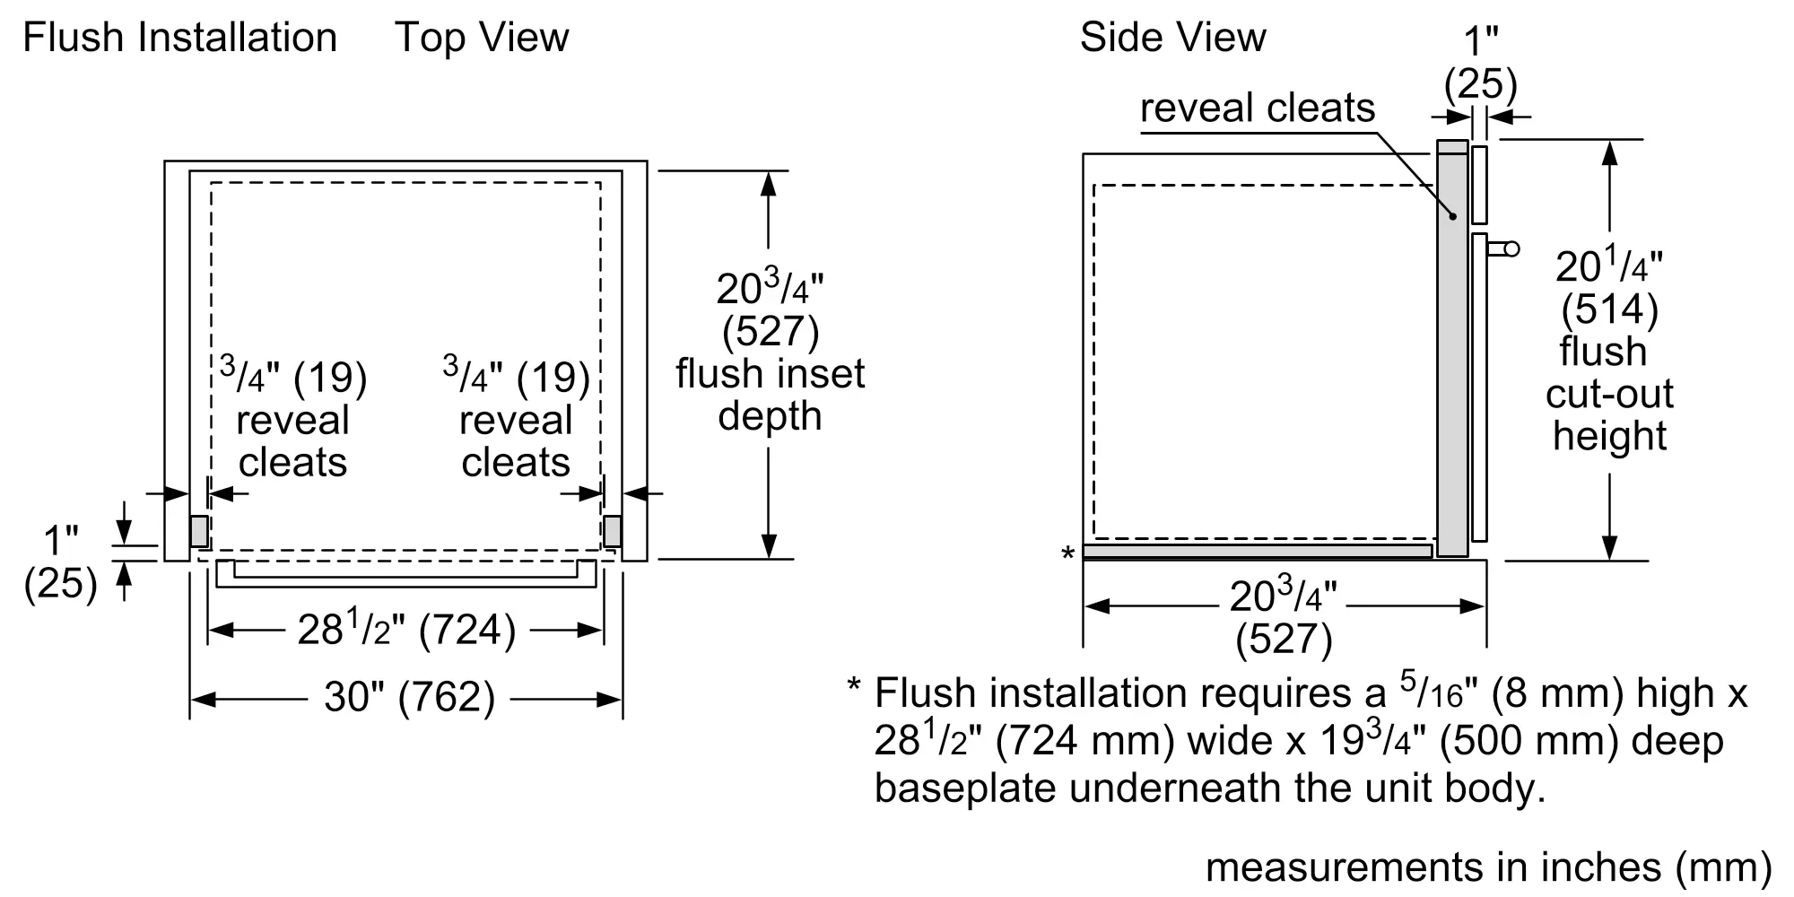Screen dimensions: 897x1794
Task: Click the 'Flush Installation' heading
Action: pyautogui.click(x=179, y=38)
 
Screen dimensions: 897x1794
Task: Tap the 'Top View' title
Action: pyautogui.click(x=482, y=38)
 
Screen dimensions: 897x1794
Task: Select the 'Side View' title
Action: pyautogui.click(x=1172, y=38)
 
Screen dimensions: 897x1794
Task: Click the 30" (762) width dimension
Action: pyautogui.click(x=409, y=697)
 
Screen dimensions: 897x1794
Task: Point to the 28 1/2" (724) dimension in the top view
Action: pyautogui.click(x=406, y=630)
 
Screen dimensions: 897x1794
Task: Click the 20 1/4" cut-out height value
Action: pyautogui.click(x=1608, y=266)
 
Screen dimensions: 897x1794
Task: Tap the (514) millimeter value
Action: pyautogui.click(x=1609, y=309)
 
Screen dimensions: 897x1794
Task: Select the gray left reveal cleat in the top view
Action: pyautogui.click(x=199, y=531)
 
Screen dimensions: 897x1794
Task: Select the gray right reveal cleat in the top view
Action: pyautogui.click(x=613, y=531)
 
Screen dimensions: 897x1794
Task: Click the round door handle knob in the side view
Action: pyautogui.click(x=1511, y=248)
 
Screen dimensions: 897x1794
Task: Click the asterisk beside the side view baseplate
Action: pyautogui.click(x=1067, y=554)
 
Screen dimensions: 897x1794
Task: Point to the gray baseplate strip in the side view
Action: pyautogui.click(x=1256, y=551)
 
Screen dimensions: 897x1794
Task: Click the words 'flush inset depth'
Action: pyautogui.click(x=770, y=395)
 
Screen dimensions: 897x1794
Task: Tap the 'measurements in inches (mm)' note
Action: pyautogui.click(x=1488, y=867)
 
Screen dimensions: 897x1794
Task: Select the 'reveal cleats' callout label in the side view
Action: pyautogui.click(x=1257, y=109)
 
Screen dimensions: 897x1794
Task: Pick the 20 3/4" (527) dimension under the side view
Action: pyautogui.click(x=1284, y=617)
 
